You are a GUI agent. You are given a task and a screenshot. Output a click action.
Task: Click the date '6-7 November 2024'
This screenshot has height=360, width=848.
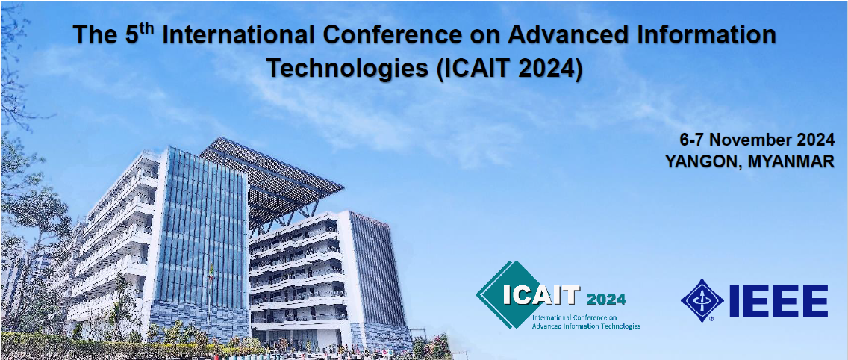[757, 140]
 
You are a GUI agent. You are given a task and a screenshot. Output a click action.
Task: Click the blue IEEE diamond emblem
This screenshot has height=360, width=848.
[702, 300]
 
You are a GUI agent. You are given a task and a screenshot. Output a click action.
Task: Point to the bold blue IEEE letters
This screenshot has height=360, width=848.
[779, 301]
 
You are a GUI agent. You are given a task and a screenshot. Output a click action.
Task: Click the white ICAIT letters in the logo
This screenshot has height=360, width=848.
[540, 296]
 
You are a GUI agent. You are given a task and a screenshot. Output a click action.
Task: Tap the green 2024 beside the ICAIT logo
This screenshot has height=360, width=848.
[606, 299]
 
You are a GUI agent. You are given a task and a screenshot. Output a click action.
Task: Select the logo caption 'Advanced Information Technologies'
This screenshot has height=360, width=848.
[586, 326]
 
